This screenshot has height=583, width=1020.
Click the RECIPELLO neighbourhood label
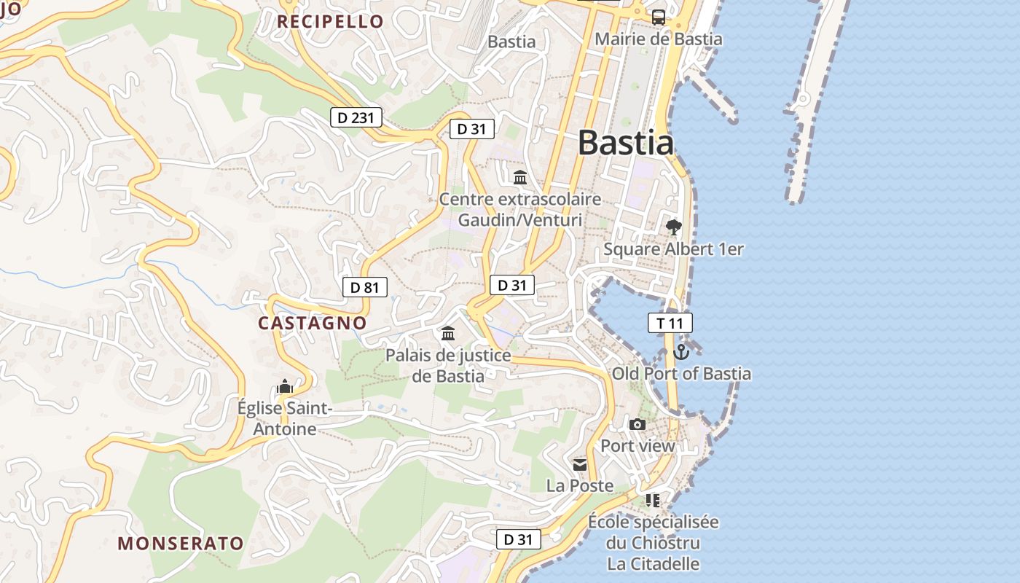tap(330, 21)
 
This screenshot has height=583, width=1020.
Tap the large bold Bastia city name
tap(626, 142)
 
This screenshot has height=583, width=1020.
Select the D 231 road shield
tap(356, 117)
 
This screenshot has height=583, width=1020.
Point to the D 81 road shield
tap(365, 287)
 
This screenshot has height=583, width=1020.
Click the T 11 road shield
tap(670, 323)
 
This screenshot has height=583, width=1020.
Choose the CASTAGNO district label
tap(313, 323)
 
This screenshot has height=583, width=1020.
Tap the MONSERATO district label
tap(181, 544)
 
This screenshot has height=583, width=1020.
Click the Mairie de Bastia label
tap(659, 39)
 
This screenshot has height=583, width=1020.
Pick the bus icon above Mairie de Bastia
tap(659, 17)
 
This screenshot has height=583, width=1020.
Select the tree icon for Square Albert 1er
tap(674, 227)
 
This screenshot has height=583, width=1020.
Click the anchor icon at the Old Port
tap(681, 352)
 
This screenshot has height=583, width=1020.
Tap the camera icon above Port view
tap(637, 424)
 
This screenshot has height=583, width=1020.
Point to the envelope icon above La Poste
tap(580, 464)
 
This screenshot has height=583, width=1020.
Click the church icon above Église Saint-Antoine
tap(285, 386)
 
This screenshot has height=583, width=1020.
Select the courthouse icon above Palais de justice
tap(448, 334)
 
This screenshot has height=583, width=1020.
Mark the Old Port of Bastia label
tap(681, 374)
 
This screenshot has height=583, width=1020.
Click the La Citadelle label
tap(654, 564)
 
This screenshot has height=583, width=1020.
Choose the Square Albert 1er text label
tap(673, 249)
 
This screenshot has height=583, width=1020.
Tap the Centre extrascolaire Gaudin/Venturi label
tap(520, 209)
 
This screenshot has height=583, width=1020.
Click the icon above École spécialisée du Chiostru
tap(653, 500)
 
